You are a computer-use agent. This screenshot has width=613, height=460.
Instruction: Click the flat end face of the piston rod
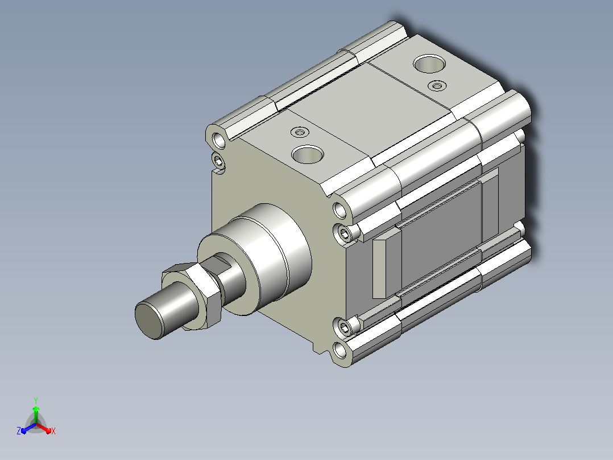(148, 321)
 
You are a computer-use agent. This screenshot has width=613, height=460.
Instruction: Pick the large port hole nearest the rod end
(308, 154)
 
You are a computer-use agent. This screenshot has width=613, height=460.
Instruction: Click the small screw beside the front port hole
(300, 132)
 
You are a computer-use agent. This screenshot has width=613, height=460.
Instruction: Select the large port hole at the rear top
(429, 63)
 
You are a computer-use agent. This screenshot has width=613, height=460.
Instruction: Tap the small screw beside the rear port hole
(437, 85)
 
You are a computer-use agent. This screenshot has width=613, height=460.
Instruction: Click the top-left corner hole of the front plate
(218, 140)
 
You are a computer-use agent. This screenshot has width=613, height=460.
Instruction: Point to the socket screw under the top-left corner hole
(218, 161)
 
